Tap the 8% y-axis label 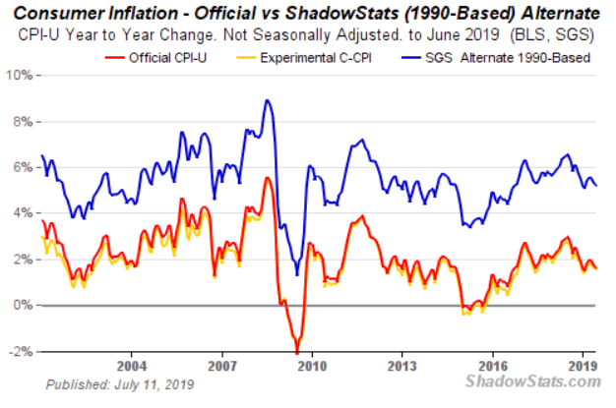(x=23, y=121)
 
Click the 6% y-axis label (x=23, y=167)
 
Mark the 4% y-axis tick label (x=23, y=213)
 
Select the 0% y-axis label (x=23, y=306)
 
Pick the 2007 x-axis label (x=221, y=363)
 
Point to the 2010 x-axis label (x=312, y=363)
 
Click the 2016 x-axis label (x=493, y=363)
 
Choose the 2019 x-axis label (x=583, y=363)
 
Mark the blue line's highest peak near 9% (x=267, y=100)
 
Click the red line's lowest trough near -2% (x=296, y=352)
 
